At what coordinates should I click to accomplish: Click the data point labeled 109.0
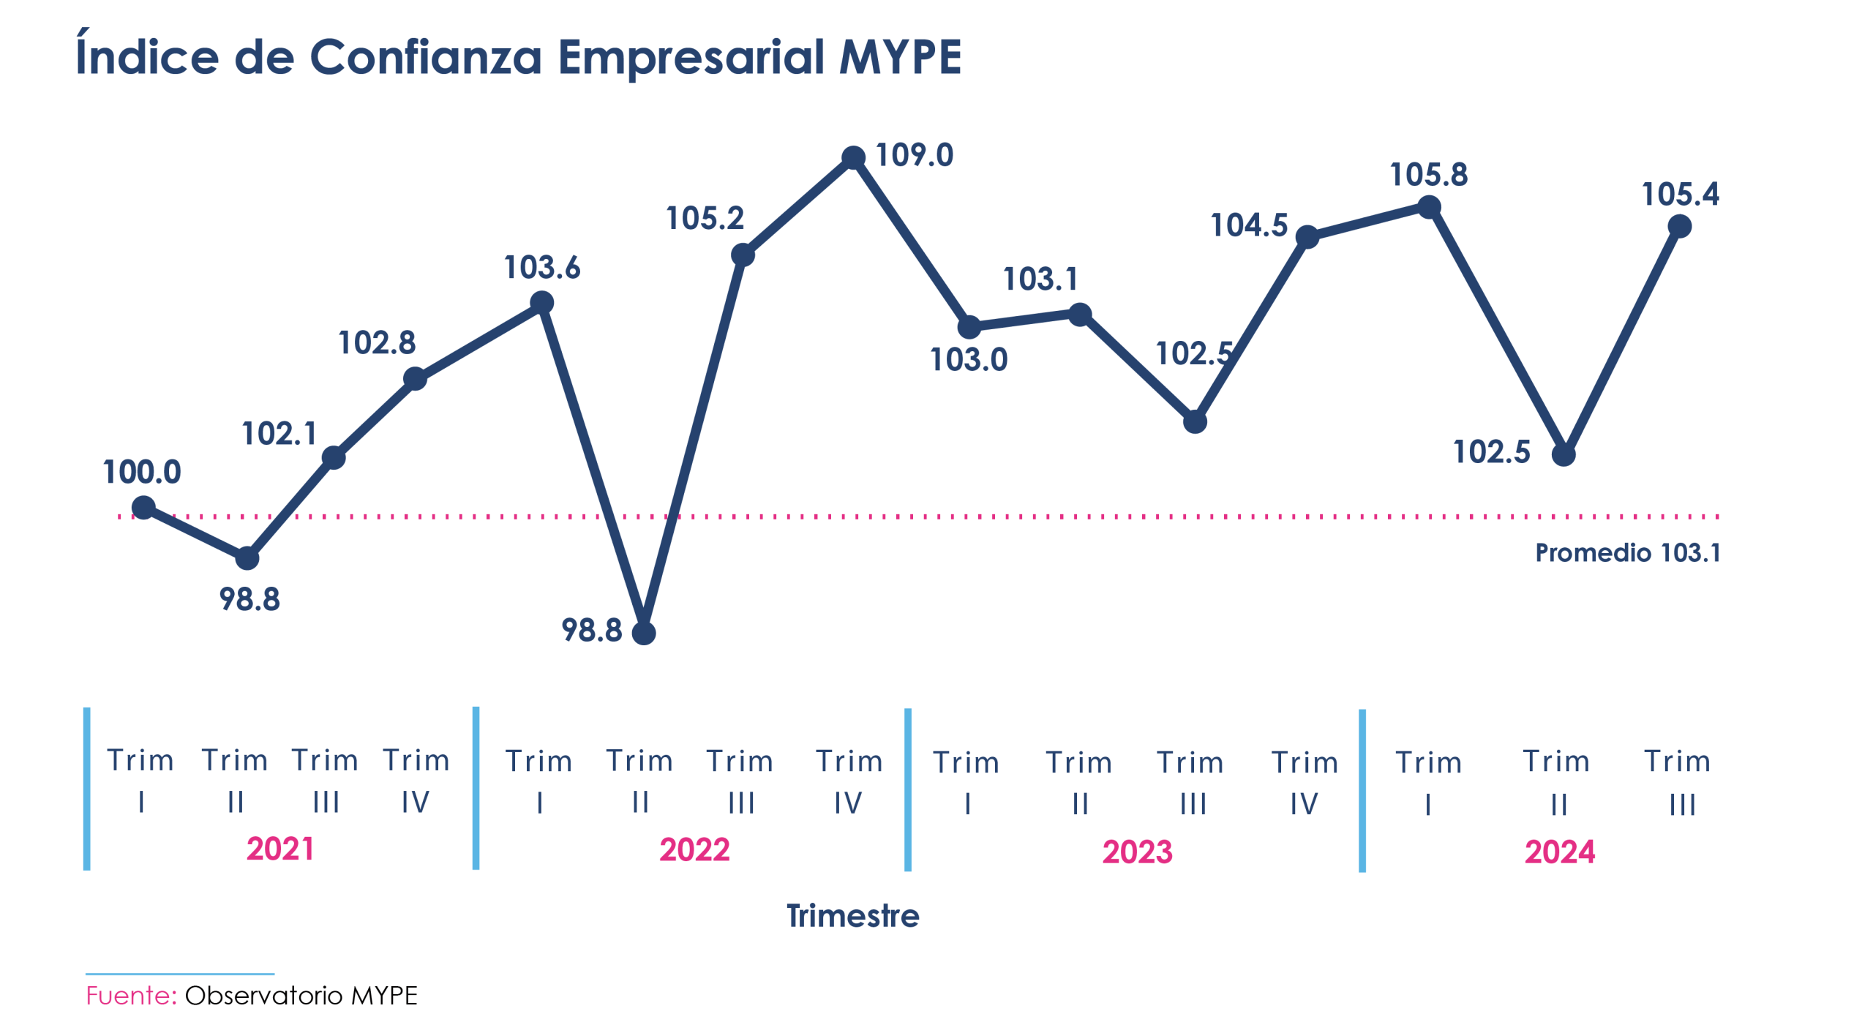coord(853,157)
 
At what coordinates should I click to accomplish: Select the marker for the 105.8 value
coord(1429,207)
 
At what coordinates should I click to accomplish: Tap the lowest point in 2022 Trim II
coord(644,633)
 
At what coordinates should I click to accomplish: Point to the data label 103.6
coord(541,268)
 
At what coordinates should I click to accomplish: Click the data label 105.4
coord(1680,195)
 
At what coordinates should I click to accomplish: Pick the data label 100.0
coord(142,473)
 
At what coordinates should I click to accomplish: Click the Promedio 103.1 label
coord(1627,553)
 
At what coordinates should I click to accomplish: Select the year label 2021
coord(280,849)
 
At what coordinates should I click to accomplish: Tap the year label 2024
coord(1560,852)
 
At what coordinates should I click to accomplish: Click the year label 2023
coord(1137,852)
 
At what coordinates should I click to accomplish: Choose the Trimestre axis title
coord(852,916)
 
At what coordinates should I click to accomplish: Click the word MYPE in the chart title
coord(900,57)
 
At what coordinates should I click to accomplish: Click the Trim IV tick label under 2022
coord(849,781)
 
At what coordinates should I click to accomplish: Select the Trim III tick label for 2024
coord(1678,782)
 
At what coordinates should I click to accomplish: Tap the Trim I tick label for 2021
coord(140,781)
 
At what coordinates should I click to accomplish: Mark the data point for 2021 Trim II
coord(247,558)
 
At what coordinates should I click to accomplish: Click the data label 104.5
coord(1249,225)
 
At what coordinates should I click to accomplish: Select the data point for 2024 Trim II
coord(1564,454)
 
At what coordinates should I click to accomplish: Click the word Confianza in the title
coord(425,57)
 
